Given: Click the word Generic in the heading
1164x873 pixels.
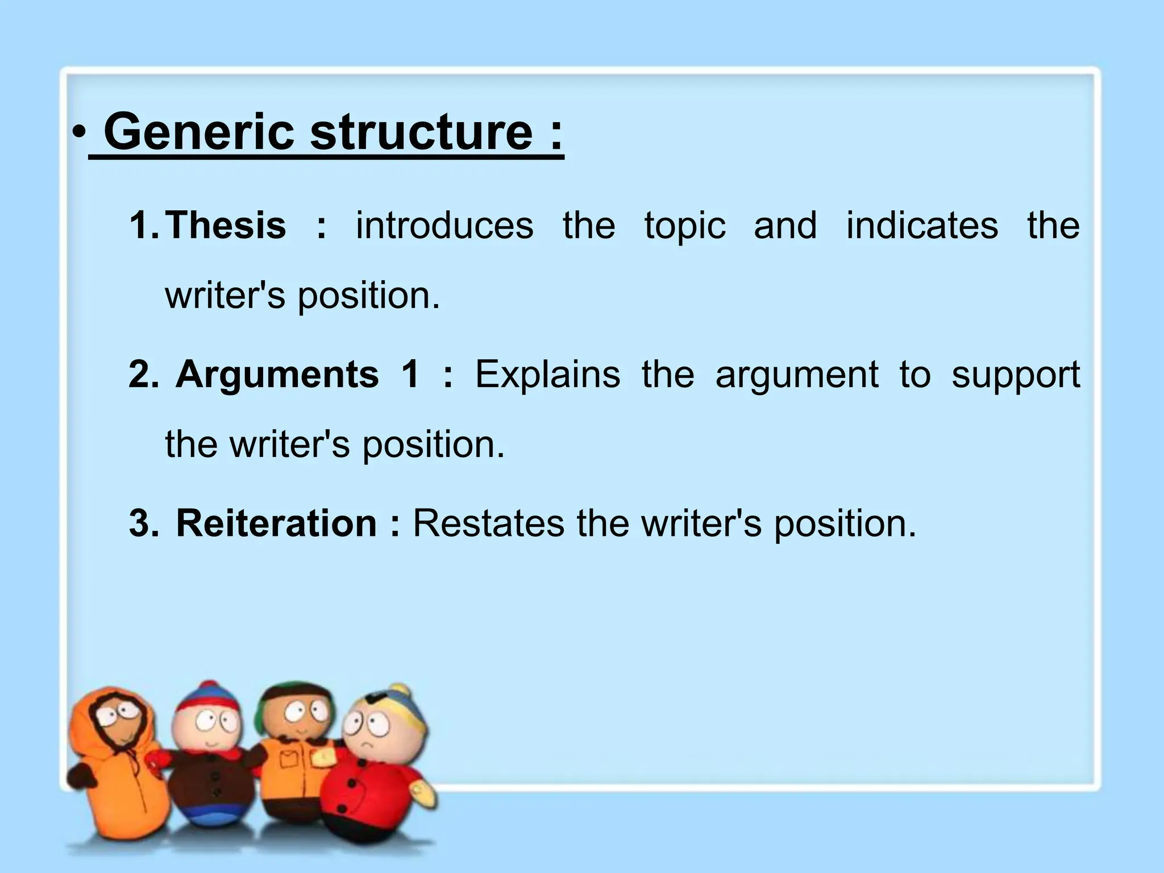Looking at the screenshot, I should click(199, 132).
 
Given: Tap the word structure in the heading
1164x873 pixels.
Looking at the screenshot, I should click(421, 132).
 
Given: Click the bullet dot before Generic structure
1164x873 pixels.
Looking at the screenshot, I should click(78, 135).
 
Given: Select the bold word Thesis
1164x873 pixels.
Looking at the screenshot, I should click(226, 225).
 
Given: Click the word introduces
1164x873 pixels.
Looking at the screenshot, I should click(444, 225).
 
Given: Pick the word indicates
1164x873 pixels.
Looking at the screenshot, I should click(922, 225).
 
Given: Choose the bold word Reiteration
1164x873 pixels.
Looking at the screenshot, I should click(276, 523).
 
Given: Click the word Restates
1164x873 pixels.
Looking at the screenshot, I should click(488, 523).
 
